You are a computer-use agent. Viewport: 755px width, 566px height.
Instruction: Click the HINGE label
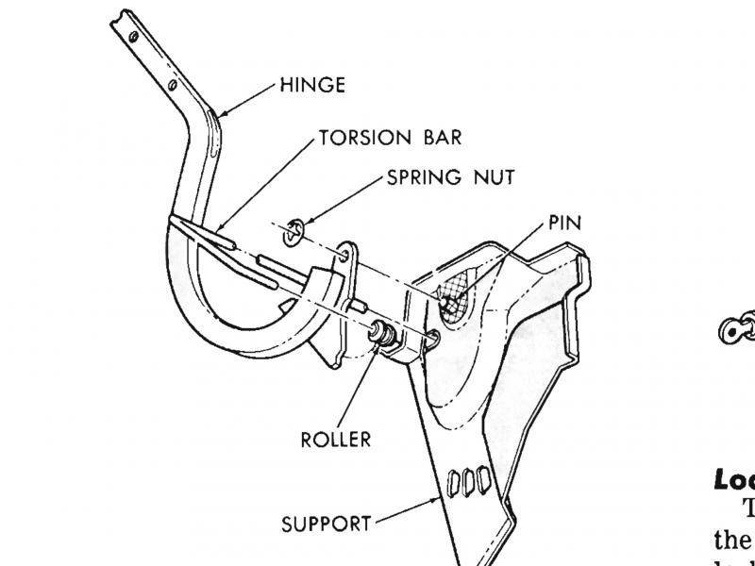coord(311,86)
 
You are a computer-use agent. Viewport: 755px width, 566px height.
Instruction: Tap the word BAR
coord(440,138)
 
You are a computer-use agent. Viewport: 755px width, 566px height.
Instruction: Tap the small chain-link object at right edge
coord(733,327)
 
